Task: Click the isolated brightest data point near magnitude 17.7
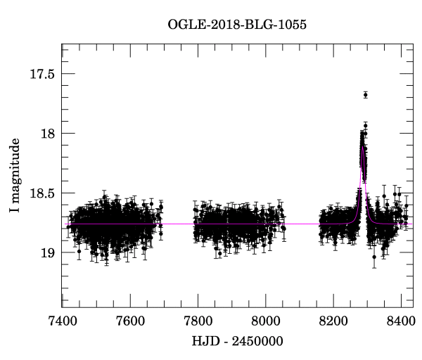pos(366,94)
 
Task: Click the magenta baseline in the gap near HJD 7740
pos(178,224)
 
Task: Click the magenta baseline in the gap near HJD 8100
pos(300,224)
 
